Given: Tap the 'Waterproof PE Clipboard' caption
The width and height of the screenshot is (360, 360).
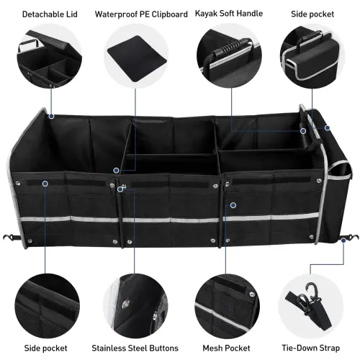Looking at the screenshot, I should click(141, 14).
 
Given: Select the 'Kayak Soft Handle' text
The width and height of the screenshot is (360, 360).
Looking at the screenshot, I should click(229, 13).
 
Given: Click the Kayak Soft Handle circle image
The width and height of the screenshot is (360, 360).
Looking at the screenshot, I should click(230, 58).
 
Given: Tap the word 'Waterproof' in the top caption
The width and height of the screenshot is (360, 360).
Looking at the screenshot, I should click(118, 14).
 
